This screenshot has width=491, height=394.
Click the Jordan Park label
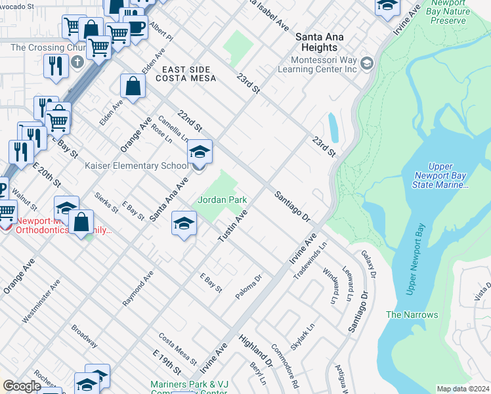(x=223, y=199)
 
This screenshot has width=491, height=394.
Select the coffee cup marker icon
(x=136, y=27)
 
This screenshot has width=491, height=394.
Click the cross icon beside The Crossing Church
(x=77, y=62)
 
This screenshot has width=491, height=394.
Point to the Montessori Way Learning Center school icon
(x=366, y=64)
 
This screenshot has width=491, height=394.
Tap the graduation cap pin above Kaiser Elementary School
(x=200, y=154)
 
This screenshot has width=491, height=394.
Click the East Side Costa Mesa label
(x=183, y=74)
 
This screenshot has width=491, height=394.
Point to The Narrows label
(x=412, y=315)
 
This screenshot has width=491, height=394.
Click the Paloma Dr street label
(x=249, y=288)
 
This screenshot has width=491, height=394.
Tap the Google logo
(x=22, y=386)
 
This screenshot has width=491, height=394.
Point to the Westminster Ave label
(x=41, y=301)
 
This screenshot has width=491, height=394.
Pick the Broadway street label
(x=85, y=336)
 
